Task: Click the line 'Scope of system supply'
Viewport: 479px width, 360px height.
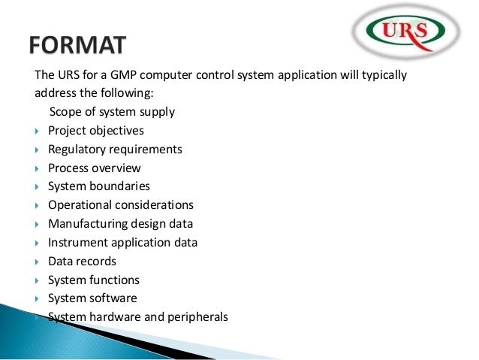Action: tap(112, 112)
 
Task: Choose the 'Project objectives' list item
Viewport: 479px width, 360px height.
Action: tap(95, 131)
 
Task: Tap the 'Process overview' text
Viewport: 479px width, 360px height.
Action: tap(94, 168)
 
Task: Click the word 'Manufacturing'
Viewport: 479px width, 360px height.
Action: tap(84, 224)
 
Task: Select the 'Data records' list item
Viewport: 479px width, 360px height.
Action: tap(82, 262)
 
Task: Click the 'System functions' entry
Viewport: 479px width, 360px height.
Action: tap(93, 280)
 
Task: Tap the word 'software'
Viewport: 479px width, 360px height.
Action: tap(113, 298)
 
